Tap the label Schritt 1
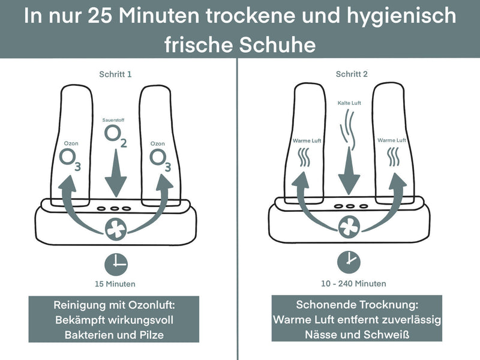coord(115,74)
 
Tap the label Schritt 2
coord(352,74)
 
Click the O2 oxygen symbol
coord(115,136)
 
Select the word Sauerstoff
coord(115,121)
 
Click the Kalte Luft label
coord(349,103)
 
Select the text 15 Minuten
coord(115,284)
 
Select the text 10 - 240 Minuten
coord(352,283)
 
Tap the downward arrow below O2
coord(115,174)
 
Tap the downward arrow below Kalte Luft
coord(349,174)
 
